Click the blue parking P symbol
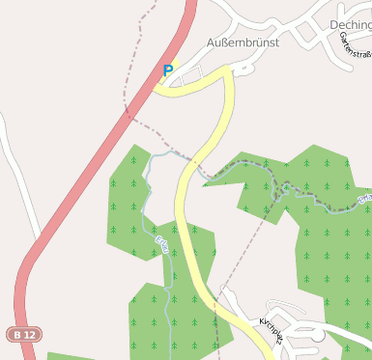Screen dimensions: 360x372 [167, 70]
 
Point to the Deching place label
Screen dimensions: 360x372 [350, 25]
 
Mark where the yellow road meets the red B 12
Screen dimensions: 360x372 [155, 89]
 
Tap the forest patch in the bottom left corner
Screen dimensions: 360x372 [68, 356]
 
